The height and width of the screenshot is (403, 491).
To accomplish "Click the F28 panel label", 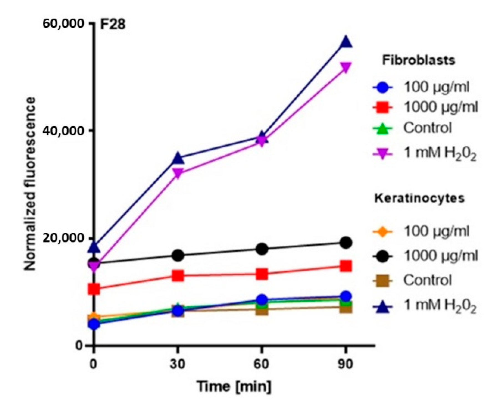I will pyautogui.click(x=112, y=24).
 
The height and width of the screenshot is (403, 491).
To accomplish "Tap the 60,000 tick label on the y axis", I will pyautogui.click(x=63, y=24).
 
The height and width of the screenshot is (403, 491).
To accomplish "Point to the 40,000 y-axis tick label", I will pyautogui.click(x=63, y=131).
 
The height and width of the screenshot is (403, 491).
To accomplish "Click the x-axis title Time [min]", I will pyautogui.click(x=234, y=386).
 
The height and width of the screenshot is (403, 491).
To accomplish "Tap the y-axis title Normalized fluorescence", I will pyautogui.click(x=30, y=183).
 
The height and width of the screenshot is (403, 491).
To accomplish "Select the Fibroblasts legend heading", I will pyautogui.click(x=419, y=60).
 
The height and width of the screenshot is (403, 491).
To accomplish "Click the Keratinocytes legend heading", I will pyautogui.click(x=419, y=198).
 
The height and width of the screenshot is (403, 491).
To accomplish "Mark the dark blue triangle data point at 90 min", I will pyautogui.click(x=346, y=42).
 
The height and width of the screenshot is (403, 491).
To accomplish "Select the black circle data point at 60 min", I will pyautogui.click(x=262, y=249).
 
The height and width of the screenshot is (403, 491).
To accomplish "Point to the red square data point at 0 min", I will pyautogui.click(x=94, y=289).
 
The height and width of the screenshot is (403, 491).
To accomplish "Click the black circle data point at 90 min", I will pyautogui.click(x=346, y=243).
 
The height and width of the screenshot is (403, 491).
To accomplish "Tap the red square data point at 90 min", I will pyautogui.click(x=346, y=266).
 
